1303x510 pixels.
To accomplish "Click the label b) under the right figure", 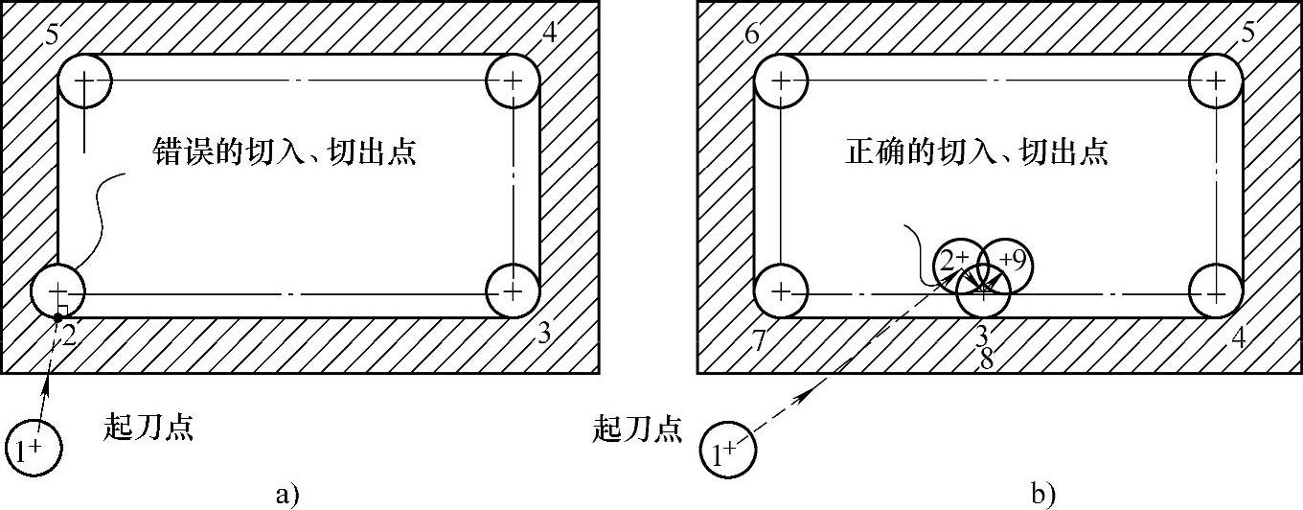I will pos(1043,495).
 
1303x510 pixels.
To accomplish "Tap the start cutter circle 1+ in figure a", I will pos(34,447).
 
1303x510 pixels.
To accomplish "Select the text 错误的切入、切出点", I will pos(285,152).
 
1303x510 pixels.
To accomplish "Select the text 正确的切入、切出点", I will pos(977,151).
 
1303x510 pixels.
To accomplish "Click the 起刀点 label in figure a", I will pos(149,428).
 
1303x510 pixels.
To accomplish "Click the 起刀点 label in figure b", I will pos(638,429).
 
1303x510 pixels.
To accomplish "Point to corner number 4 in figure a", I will pos(549,33).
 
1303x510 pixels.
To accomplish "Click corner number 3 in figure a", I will pos(543,334).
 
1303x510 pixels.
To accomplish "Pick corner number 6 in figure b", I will pos(751,35).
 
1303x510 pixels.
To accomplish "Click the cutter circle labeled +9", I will pos(1005,262).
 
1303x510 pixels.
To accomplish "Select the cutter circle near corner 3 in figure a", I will pos(514,289).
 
